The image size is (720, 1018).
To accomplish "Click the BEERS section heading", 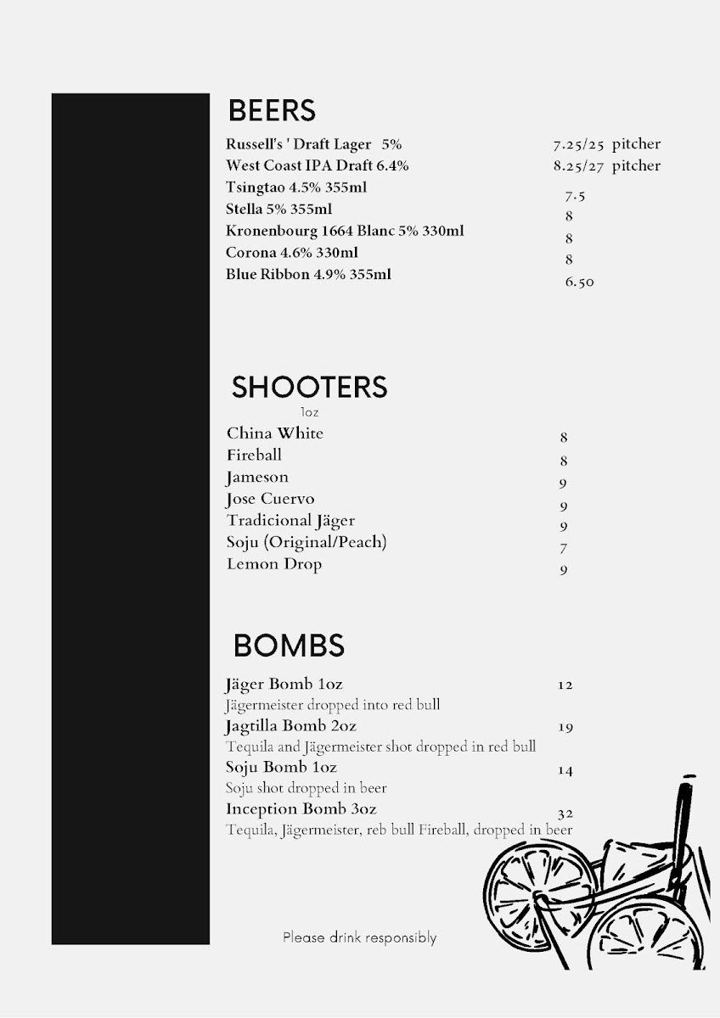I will [272, 110].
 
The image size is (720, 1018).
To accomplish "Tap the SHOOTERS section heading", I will [309, 387].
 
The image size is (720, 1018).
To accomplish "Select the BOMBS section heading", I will [289, 646].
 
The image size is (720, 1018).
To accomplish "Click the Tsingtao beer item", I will [296, 187].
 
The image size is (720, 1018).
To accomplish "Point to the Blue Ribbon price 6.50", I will [580, 282].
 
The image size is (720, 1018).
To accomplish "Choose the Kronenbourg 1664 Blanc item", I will [345, 231].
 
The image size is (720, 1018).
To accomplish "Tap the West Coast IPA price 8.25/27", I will [578, 166].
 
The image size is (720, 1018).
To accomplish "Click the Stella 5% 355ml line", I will [278, 209].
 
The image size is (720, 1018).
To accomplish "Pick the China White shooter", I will [275, 433].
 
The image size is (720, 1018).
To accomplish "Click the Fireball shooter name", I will [254, 456].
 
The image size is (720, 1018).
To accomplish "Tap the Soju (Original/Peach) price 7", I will [564, 549].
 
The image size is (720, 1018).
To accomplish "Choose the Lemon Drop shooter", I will [274, 564].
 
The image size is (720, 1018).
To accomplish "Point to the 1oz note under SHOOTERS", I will [310, 412].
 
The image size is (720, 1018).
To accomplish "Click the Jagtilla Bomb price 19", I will [566, 727].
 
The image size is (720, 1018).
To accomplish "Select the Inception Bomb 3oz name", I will [301, 809].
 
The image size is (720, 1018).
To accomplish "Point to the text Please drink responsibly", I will [360, 937].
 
